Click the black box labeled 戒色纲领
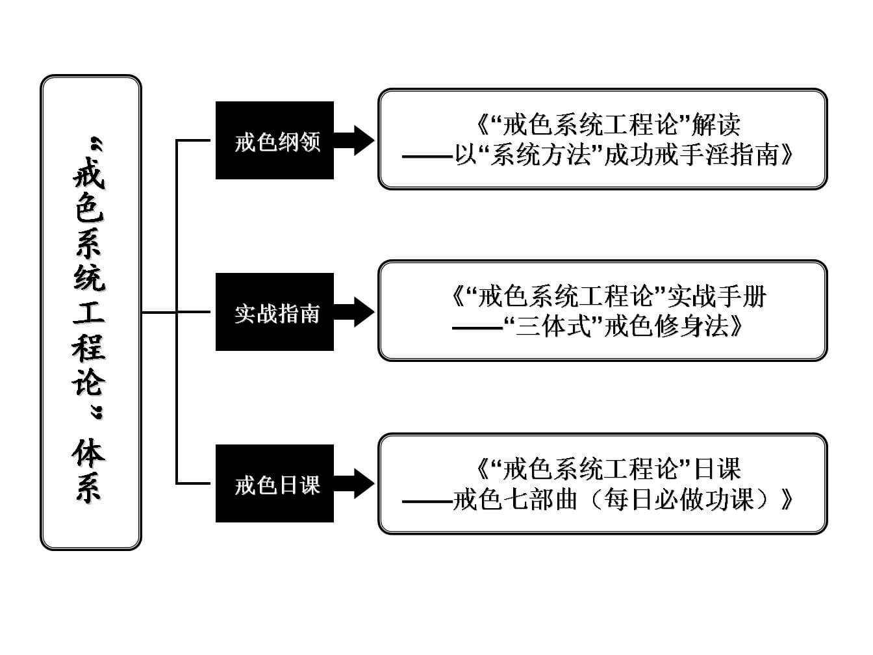(275, 140)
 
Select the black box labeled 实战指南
(275, 313)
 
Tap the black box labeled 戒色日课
(275, 484)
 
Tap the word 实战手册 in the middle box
(717, 297)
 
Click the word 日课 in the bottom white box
(717, 469)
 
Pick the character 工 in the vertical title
(89, 313)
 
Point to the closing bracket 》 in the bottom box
(787, 500)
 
